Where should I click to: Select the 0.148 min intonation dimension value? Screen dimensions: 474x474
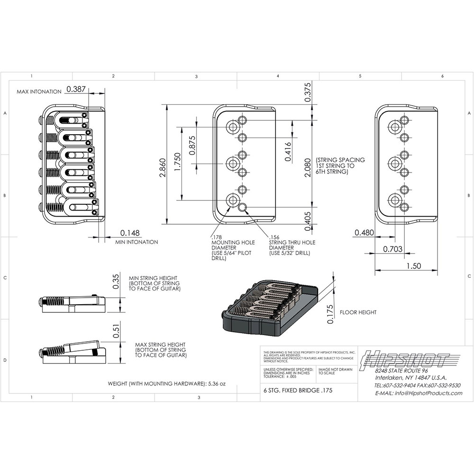[129, 233]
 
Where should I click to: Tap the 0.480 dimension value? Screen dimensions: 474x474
[364, 233]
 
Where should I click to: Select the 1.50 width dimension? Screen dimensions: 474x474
[414, 266]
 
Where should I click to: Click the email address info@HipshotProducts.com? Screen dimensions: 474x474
[418, 393]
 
